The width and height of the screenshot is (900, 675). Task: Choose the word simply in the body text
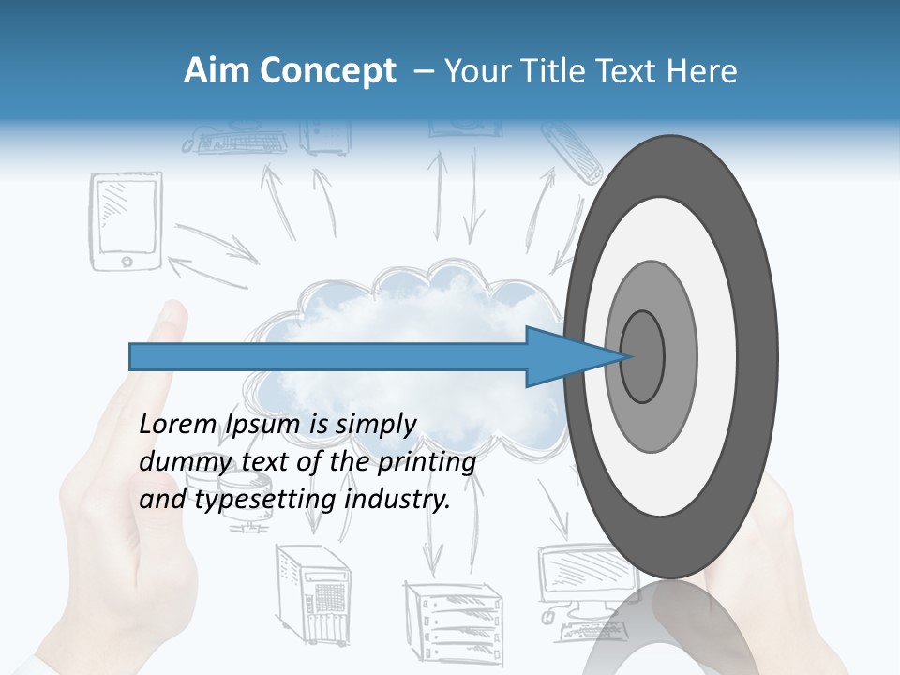pyautogui.click(x=375, y=425)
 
